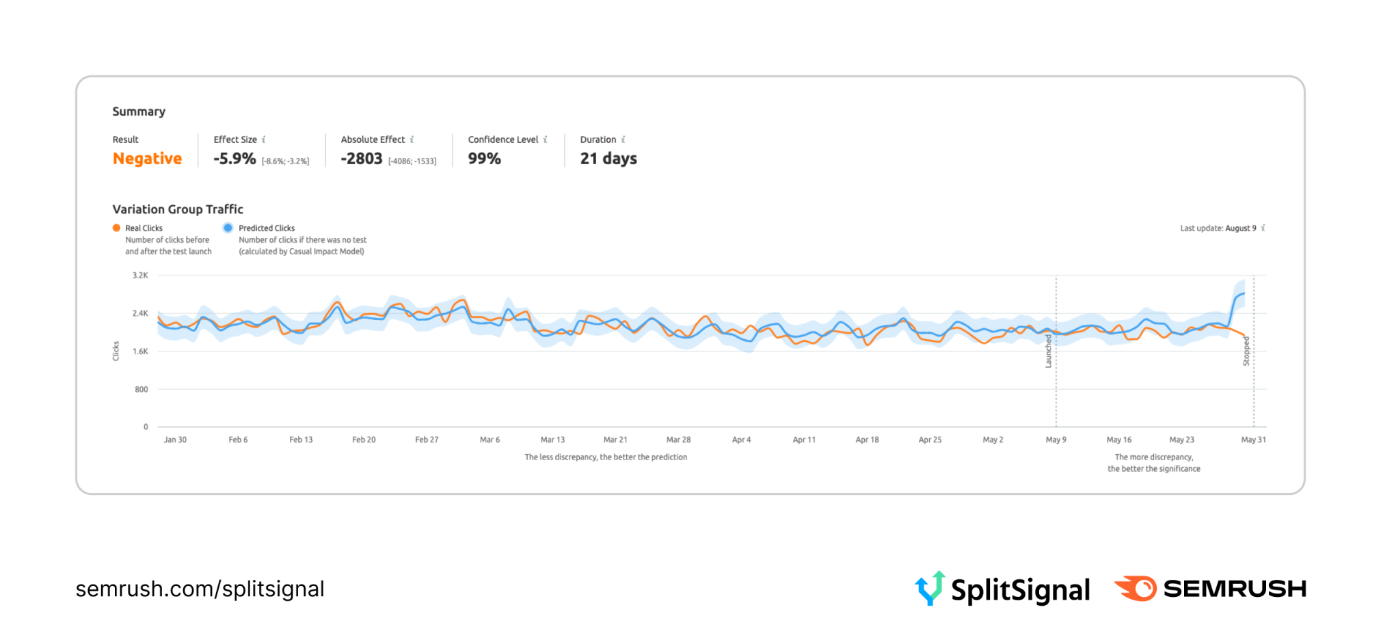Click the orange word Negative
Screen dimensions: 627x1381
(x=147, y=159)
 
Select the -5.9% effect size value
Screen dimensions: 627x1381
(x=234, y=159)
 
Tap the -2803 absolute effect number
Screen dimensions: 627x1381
(x=362, y=159)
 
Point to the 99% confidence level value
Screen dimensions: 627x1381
(x=484, y=159)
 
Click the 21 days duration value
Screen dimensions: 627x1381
(x=608, y=159)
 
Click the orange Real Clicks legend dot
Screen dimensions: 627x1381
(x=117, y=228)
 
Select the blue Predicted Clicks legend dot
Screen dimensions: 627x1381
(x=228, y=228)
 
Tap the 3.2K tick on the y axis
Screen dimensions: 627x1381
(x=140, y=276)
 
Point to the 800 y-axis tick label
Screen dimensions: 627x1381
(x=141, y=390)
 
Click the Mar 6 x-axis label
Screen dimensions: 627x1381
(x=490, y=440)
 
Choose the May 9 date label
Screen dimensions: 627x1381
(x=1056, y=440)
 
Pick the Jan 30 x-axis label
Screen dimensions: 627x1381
(x=175, y=440)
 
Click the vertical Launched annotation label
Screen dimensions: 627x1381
(x=1048, y=351)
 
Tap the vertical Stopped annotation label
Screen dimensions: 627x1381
(x=1246, y=351)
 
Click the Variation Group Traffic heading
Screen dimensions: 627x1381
(x=178, y=209)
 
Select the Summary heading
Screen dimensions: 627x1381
(x=139, y=111)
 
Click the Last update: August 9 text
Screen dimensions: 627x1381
(x=1218, y=228)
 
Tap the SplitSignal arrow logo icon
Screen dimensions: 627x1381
(x=930, y=588)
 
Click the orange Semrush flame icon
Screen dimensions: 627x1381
(x=1136, y=588)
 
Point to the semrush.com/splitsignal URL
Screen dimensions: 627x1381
(x=200, y=589)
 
